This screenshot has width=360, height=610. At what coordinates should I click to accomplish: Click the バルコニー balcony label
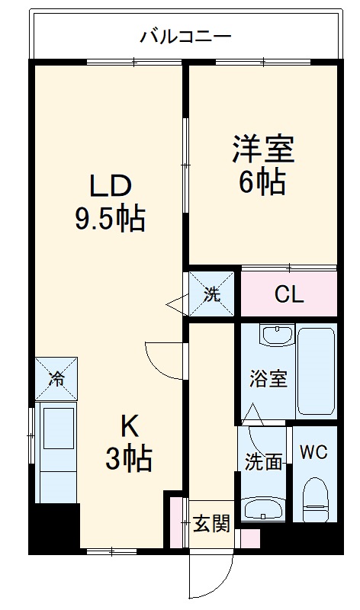click(185, 35)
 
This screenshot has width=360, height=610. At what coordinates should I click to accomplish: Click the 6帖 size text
click(262, 181)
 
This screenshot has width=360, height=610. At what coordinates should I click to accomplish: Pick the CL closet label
click(289, 295)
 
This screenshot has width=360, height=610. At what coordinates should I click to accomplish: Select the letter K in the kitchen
click(129, 425)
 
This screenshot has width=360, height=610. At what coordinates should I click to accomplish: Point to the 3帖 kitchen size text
click(129, 459)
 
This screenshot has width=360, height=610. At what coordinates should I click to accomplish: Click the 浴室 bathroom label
click(268, 379)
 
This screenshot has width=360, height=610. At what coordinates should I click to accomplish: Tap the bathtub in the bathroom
click(316, 372)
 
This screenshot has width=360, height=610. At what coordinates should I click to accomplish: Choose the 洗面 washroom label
click(264, 461)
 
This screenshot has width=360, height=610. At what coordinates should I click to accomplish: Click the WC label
click(313, 451)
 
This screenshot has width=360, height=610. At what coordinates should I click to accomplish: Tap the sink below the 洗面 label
click(263, 506)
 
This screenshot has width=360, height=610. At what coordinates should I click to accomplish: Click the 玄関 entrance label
click(211, 524)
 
